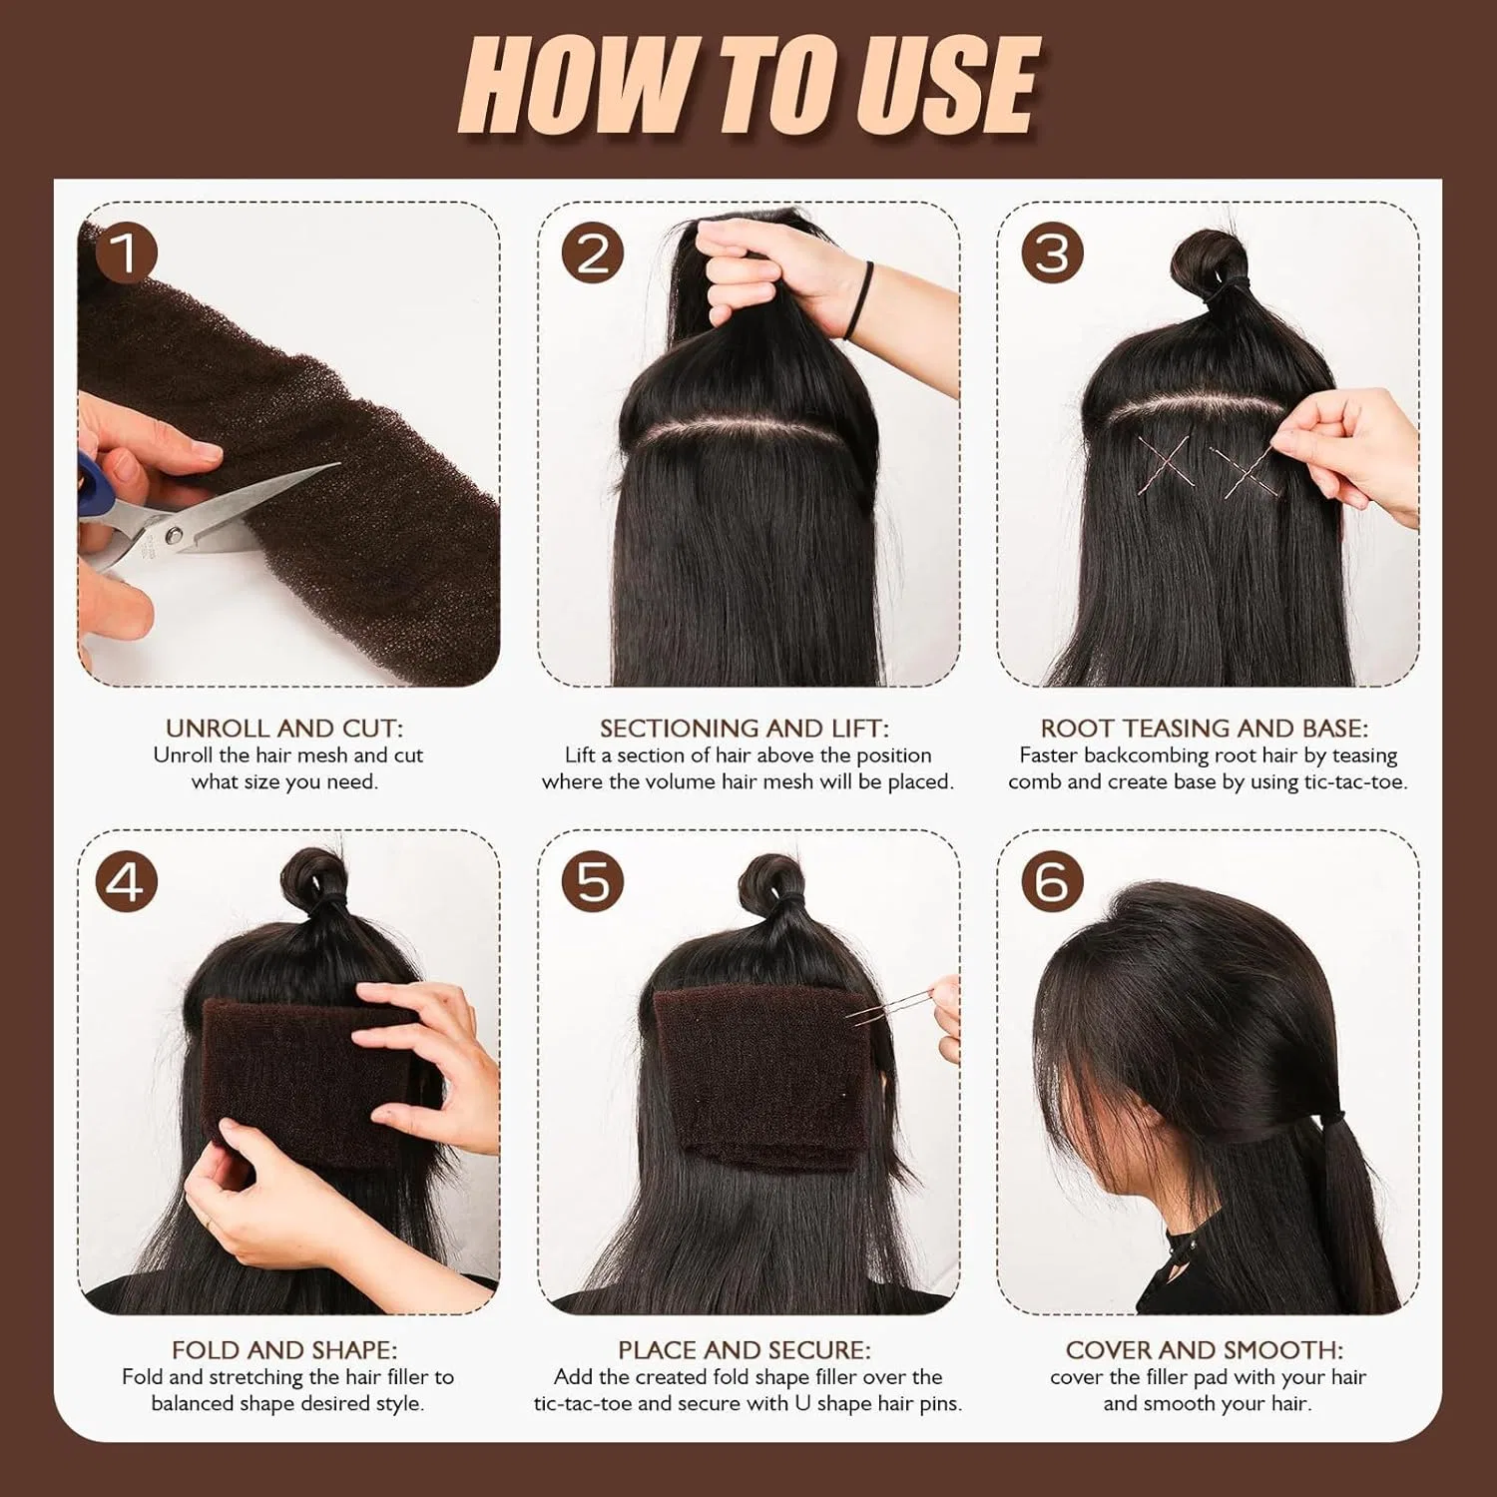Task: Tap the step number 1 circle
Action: pyautogui.click(x=126, y=253)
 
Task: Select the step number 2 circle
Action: pyautogui.click(x=593, y=253)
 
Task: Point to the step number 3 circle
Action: pyautogui.click(x=1052, y=253)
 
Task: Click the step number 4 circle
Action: pyautogui.click(x=126, y=881)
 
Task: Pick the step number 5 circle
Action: pyautogui.click(x=593, y=881)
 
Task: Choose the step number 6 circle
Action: pyautogui.click(x=1052, y=881)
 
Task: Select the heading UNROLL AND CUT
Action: pyautogui.click(x=285, y=729)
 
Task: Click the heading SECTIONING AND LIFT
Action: pyautogui.click(x=745, y=729)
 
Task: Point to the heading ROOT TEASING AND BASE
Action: pyautogui.click(x=1205, y=729)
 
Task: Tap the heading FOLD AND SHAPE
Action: pyautogui.click(x=284, y=1350)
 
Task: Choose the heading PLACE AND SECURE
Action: pyautogui.click(x=745, y=1350)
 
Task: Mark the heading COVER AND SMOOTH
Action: pyautogui.click(x=1205, y=1350)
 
